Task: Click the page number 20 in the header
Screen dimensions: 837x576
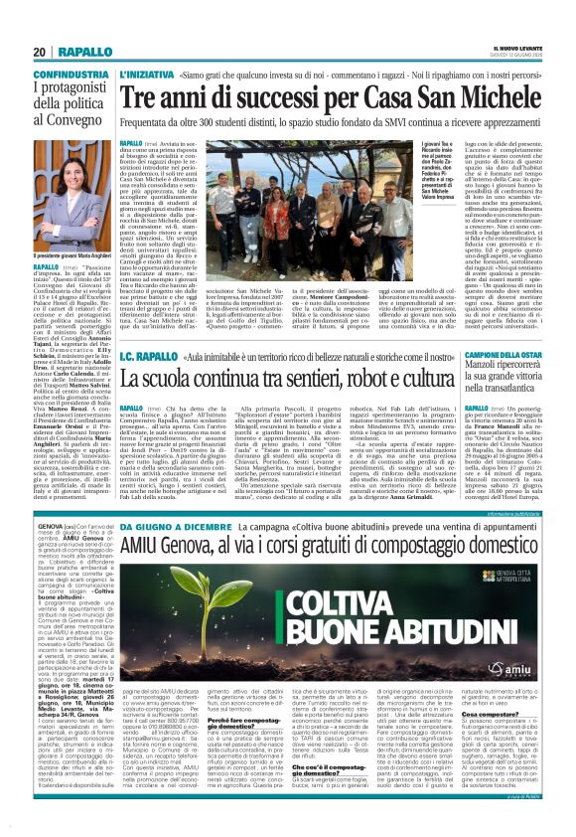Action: [40, 52]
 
